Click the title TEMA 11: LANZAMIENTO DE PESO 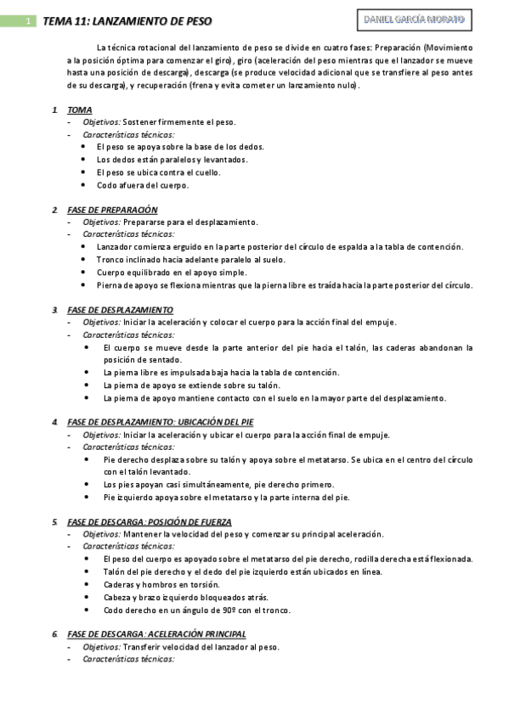click(127, 20)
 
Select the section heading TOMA click(80, 110)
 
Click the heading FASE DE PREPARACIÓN click(112, 210)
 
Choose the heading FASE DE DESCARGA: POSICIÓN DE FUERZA click(150, 521)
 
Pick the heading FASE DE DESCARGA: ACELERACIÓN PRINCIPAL click(156, 633)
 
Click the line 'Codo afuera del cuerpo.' click(143, 184)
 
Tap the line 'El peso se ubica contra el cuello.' click(159, 172)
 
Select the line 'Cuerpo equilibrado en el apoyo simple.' click(172, 272)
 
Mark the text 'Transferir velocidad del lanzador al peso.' click(201, 646)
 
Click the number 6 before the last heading click(54, 634)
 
